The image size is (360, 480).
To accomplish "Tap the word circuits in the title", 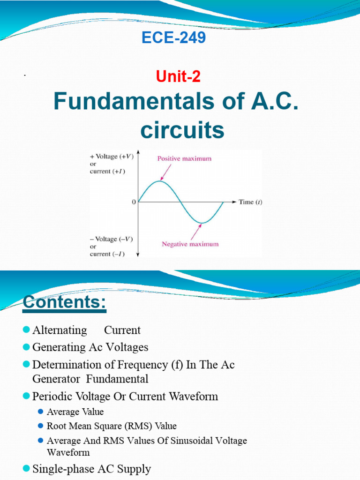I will [183, 131].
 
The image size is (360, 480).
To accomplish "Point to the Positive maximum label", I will [184, 158].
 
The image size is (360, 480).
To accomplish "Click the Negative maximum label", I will [190, 244].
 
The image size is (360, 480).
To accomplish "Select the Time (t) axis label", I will [250, 202].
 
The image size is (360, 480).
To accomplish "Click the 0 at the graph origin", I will [134, 202].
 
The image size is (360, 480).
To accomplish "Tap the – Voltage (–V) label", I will [112, 239].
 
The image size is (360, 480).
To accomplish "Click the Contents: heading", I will [65, 302].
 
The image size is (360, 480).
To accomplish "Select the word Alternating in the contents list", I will [60, 330].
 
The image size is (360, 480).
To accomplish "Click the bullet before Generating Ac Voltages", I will [26, 347].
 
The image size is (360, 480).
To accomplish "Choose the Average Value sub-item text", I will [75, 412].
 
